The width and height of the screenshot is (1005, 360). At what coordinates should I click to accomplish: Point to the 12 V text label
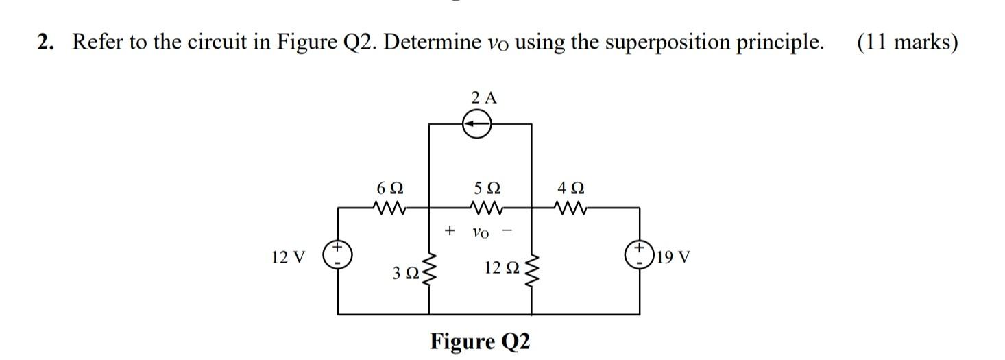pos(288,258)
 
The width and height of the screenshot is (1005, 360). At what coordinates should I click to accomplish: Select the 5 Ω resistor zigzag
pos(487,206)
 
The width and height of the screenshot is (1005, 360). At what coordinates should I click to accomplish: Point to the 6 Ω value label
pos(389,187)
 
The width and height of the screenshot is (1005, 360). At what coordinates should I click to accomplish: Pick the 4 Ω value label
pos(571,187)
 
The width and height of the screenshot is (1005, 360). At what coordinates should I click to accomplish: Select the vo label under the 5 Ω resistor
pos(481,232)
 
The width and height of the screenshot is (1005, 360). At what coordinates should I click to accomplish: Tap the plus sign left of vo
pos(450,230)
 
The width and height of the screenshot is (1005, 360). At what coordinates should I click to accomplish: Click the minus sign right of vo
pos(507,230)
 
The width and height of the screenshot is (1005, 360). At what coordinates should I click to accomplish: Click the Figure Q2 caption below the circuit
pos(480,341)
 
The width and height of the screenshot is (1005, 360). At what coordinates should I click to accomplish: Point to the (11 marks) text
pos(906,43)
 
